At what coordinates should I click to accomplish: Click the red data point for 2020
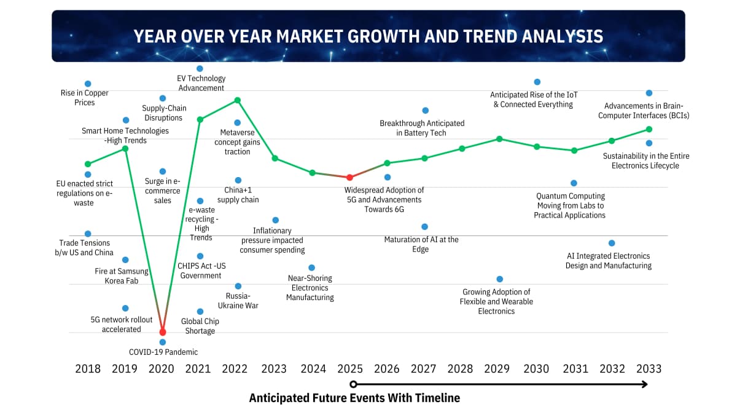click(163, 332)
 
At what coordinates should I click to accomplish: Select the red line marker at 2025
click(349, 177)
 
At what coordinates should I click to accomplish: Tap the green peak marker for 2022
click(238, 100)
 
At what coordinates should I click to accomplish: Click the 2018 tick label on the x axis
click(88, 369)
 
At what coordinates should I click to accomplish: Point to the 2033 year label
click(649, 369)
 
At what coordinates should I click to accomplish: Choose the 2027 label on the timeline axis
click(423, 369)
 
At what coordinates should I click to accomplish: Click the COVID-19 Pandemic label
click(163, 352)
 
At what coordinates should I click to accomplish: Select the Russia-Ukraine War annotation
click(238, 301)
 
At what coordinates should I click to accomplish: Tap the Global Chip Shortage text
click(200, 326)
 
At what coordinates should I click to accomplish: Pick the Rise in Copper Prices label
click(85, 98)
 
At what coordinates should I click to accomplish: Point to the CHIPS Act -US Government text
click(200, 271)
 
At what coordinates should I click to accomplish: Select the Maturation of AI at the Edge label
click(421, 245)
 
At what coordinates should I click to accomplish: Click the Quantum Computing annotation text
click(570, 205)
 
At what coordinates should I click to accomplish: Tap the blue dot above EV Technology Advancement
click(200, 68)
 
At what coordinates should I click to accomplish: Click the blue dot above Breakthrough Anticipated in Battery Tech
click(425, 111)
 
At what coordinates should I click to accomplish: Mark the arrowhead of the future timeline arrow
click(644, 384)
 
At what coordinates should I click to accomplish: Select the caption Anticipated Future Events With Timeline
click(354, 398)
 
